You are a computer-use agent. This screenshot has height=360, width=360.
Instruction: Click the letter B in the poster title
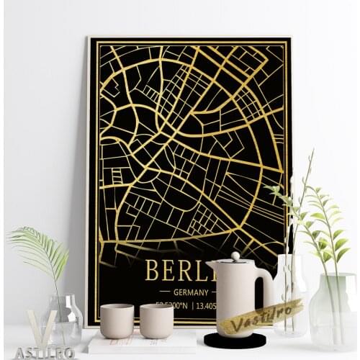152,270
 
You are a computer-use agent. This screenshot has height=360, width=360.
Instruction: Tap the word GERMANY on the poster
191,292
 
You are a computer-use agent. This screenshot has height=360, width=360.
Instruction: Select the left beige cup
117,320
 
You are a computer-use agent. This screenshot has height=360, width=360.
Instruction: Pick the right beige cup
156,320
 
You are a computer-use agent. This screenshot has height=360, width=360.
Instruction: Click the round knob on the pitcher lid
235,256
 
